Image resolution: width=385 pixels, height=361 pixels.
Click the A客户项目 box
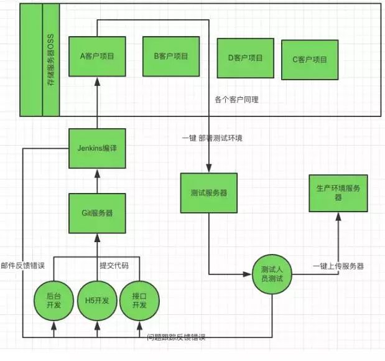pyautogui.click(x=96, y=56)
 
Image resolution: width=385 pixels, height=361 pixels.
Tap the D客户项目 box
pyautogui.click(x=244, y=58)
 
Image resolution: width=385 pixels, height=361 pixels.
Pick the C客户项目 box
pyautogui.click(x=309, y=60)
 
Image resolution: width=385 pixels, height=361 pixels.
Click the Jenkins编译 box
pyautogui.click(x=96, y=149)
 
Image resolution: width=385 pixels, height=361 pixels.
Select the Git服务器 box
pyautogui.click(x=96, y=212)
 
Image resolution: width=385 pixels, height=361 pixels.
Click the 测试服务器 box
pyautogui.click(x=208, y=192)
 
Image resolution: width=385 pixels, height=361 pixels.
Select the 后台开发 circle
pyautogui.click(x=53, y=301)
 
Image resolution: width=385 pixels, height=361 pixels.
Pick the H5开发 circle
pyautogui.click(x=97, y=301)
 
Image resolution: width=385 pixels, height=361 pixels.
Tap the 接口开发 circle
pyautogui.click(x=139, y=301)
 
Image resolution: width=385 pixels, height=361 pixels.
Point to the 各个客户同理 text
pyautogui.click(x=236, y=100)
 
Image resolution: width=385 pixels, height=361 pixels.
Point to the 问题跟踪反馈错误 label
pyautogui.click(x=176, y=337)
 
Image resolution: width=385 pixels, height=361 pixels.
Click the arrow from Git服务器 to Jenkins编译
pyautogui.click(x=96, y=180)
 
